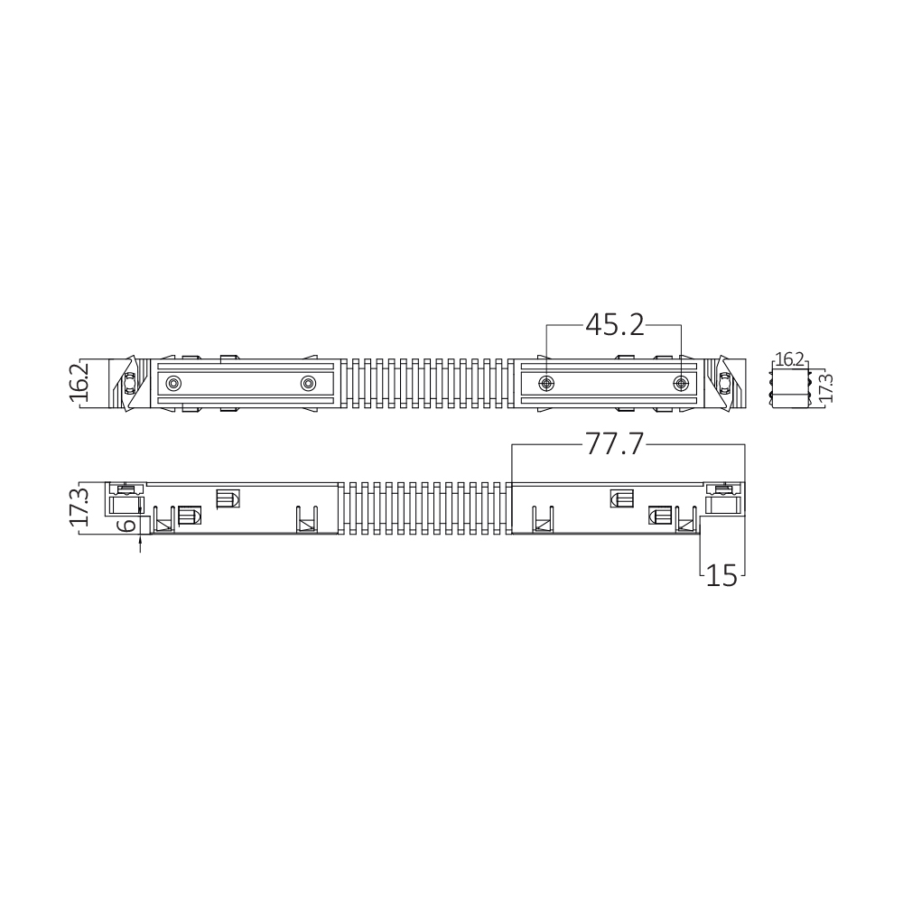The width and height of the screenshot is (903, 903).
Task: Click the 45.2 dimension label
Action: [614, 325]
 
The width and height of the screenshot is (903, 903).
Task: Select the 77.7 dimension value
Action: [614, 444]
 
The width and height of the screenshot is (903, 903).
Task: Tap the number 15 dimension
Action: [721, 575]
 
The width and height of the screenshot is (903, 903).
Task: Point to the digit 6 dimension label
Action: [128, 525]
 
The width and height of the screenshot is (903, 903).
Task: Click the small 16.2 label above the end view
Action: [789, 360]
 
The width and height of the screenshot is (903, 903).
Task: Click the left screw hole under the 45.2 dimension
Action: [546, 383]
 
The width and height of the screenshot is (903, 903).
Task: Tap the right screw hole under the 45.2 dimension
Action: [681, 383]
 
